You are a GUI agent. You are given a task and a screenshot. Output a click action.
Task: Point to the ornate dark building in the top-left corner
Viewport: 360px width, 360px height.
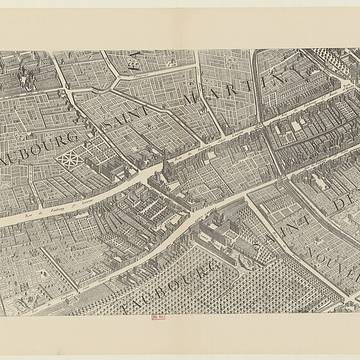(24, 76)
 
